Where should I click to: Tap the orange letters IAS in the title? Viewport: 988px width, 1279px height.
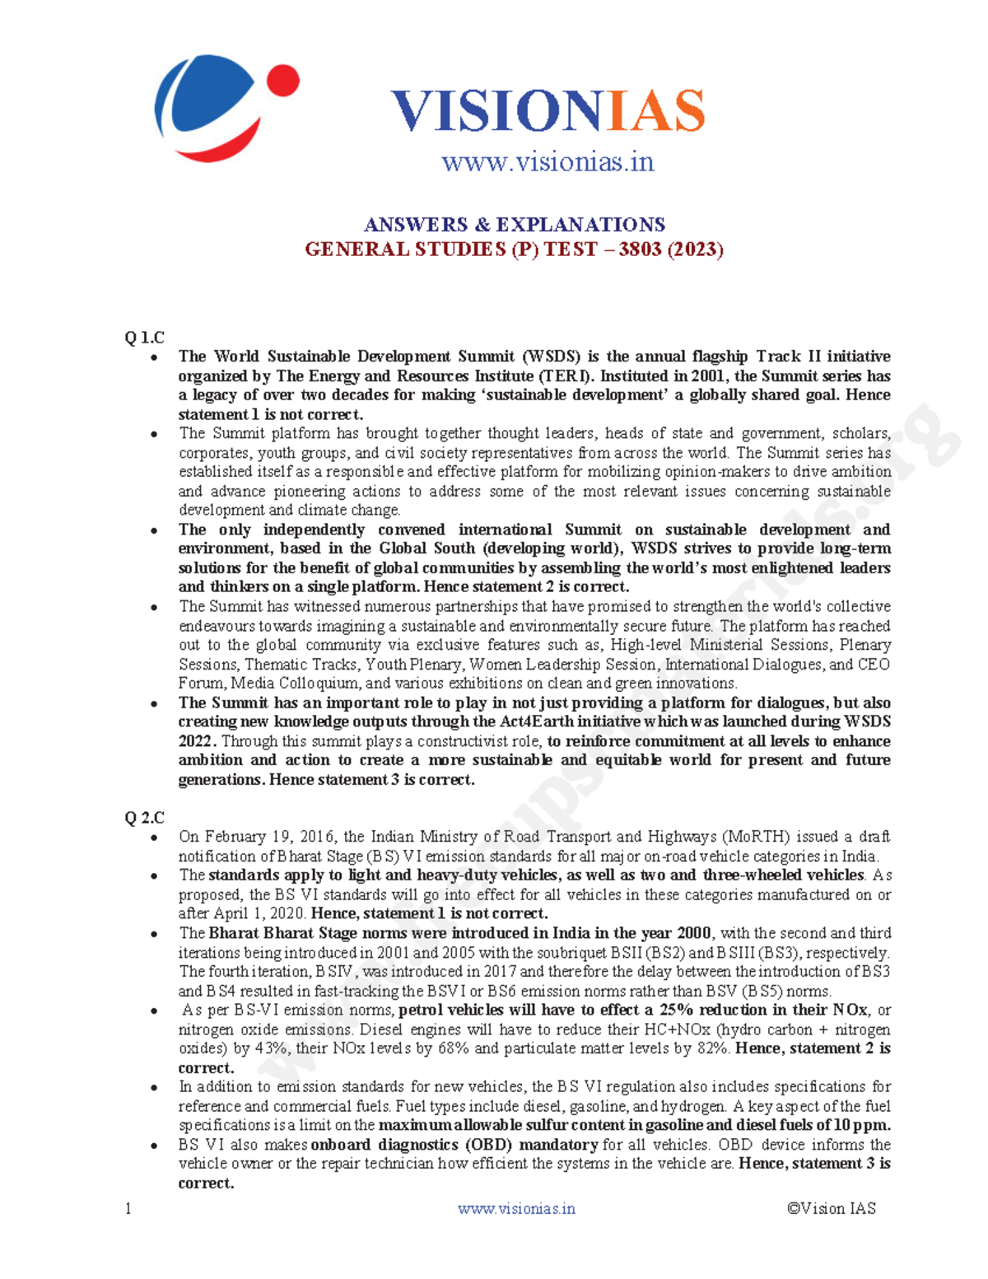[656, 112]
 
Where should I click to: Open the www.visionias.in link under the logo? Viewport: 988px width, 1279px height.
[548, 161]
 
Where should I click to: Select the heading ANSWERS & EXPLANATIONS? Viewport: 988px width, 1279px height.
[515, 225]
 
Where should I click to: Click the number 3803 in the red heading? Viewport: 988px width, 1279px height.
[640, 250]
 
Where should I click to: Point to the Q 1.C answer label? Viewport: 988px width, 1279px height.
[144, 338]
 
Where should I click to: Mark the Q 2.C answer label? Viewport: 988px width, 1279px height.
[144, 818]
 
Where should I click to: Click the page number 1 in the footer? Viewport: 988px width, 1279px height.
[128, 1209]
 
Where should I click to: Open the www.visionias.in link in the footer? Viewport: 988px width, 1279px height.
[516, 1209]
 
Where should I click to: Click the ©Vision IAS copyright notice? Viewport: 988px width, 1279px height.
[831, 1209]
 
